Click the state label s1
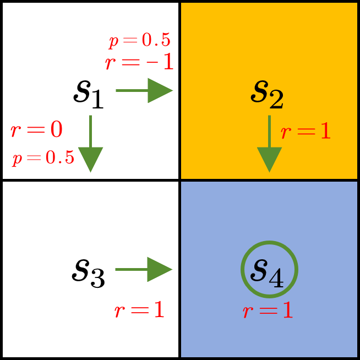(88, 95)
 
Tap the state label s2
(267, 95)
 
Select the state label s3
(88, 273)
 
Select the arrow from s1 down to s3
(90, 143)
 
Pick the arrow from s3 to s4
(143, 270)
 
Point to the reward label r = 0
(36, 130)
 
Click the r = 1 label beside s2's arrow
(306, 132)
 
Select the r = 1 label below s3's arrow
(140, 310)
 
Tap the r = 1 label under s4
(268, 311)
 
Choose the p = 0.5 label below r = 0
(43, 159)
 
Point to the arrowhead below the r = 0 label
(90, 160)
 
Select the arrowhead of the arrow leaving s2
(269, 160)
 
